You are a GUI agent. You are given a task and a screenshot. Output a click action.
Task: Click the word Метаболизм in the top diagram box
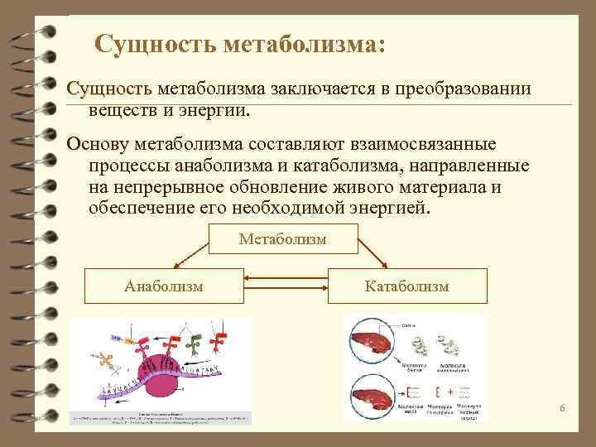[x=282, y=239]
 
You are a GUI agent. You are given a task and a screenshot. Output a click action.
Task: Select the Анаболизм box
[x=165, y=286]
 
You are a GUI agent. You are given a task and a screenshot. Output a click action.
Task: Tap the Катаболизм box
[x=407, y=286]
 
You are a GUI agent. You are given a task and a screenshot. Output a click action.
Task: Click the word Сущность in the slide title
[x=155, y=43]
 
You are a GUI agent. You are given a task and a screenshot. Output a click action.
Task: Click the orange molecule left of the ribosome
[x=105, y=361]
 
